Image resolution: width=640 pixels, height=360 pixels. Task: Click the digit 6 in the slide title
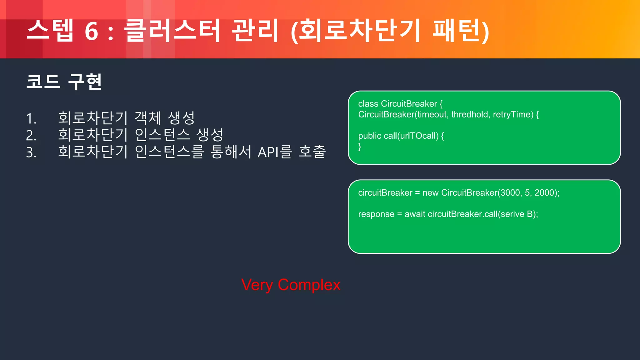(x=92, y=31)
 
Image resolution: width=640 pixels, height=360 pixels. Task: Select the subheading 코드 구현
(x=64, y=82)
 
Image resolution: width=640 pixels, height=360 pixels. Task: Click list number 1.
(x=31, y=119)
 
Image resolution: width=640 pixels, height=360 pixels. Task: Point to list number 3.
(x=31, y=152)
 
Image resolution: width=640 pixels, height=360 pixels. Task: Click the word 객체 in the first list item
(x=148, y=118)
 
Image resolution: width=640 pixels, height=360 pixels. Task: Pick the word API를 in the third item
(x=275, y=152)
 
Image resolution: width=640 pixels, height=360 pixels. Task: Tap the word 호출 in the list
(x=312, y=152)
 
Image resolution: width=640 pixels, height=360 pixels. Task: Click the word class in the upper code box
(x=368, y=104)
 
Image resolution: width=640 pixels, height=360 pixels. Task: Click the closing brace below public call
(x=360, y=146)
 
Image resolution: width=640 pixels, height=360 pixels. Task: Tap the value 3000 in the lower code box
(x=510, y=193)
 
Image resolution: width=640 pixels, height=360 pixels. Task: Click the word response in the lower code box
(x=376, y=214)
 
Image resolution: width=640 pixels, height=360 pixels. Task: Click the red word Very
(x=257, y=285)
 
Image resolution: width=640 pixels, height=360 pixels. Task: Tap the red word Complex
(x=309, y=285)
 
